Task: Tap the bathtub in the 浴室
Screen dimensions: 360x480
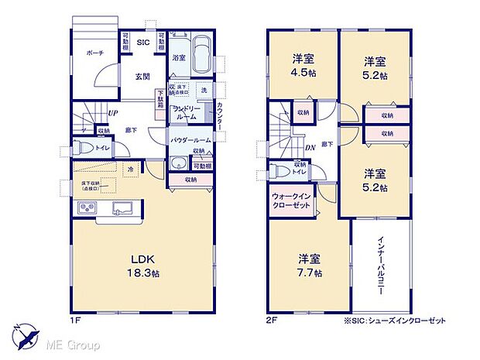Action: tap(198, 55)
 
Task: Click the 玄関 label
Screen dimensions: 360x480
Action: tap(142, 76)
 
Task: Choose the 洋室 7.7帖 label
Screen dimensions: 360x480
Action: tap(308, 266)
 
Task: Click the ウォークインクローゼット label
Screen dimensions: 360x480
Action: tap(290, 203)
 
